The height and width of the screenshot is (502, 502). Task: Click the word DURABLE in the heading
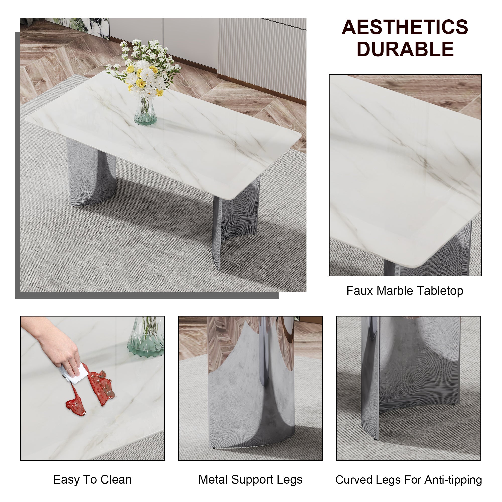coord(405,49)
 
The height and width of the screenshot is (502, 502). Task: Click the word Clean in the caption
coord(116,480)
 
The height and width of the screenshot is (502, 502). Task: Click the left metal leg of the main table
coord(91,174)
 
